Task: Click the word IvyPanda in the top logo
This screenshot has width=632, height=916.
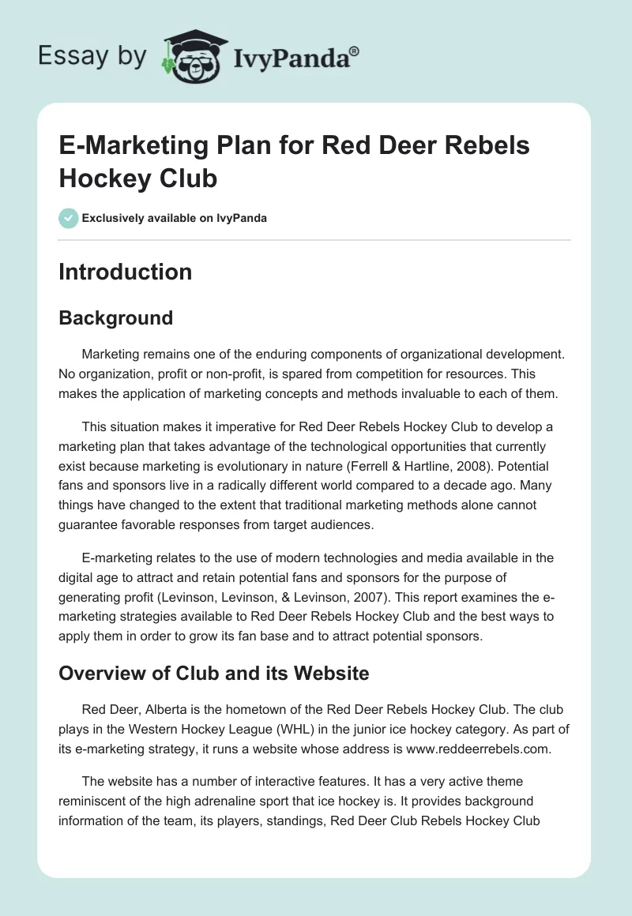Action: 289,58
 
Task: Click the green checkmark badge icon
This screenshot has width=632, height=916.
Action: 68,218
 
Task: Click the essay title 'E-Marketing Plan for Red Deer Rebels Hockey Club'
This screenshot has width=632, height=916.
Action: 294,162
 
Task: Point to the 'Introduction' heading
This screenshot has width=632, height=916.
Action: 126,272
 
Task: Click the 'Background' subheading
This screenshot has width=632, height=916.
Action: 115,318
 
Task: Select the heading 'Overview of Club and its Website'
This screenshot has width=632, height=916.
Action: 213,674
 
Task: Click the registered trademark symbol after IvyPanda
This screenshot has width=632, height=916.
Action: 355,50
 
